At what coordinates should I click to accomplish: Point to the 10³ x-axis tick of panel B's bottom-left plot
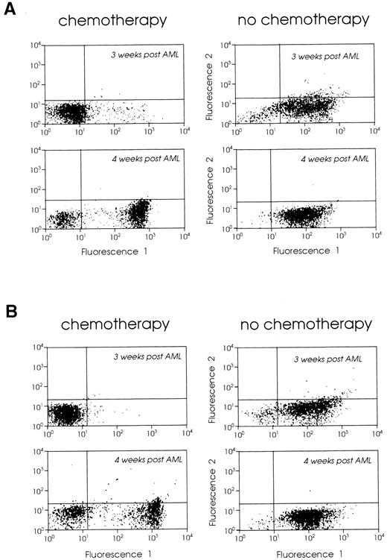pyautogui.click(x=153, y=535)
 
